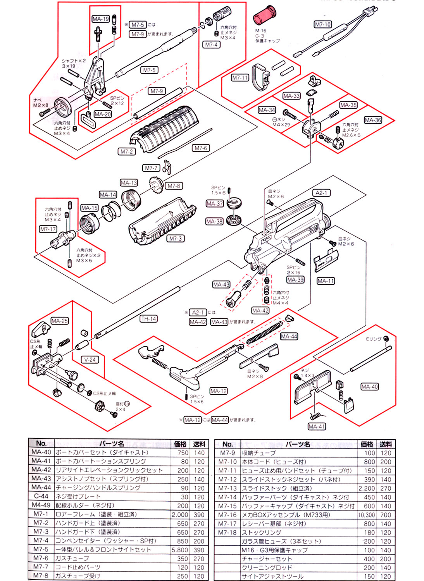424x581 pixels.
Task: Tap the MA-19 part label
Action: coord(101,19)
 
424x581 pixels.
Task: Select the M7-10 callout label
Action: coord(322,24)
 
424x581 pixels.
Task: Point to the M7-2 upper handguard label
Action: coord(127,151)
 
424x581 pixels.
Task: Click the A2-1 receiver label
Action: coord(321,193)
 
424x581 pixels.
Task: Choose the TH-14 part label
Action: coord(148,319)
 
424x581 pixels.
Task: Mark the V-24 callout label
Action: coord(90,359)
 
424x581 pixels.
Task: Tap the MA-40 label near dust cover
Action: coord(369,387)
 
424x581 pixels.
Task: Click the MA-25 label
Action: coord(59,321)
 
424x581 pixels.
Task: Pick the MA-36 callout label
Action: coord(372,120)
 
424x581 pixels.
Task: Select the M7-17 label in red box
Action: coord(48,229)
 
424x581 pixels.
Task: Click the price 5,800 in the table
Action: coord(180,550)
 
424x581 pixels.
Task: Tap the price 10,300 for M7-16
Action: coord(366,515)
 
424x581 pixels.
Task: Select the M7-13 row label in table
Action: coord(227,488)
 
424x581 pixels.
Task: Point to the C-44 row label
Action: coord(41,496)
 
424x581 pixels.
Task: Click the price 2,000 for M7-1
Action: coord(180,514)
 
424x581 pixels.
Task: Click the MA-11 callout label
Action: coord(326,281)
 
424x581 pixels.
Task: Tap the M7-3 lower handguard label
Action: coord(175,239)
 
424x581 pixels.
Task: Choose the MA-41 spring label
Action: coord(317,426)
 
